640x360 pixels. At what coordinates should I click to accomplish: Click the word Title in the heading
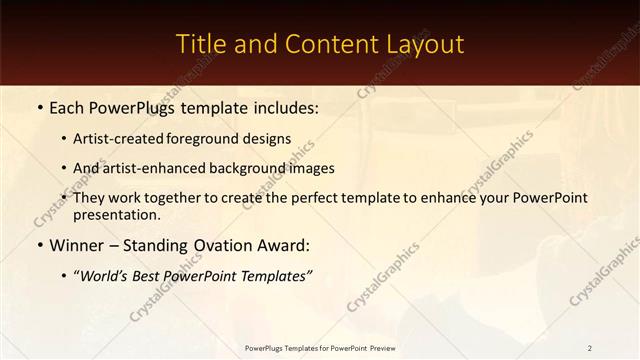click(x=200, y=44)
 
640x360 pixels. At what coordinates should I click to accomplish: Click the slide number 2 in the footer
click(x=589, y=348)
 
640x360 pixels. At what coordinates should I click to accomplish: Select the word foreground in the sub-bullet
click(x=209, y=139)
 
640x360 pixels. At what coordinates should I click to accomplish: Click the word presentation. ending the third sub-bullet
click(x=116, y=214)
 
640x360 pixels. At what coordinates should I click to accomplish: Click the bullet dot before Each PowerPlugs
click(x=37, y=105)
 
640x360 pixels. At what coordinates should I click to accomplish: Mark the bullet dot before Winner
click(x=37, y=244)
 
